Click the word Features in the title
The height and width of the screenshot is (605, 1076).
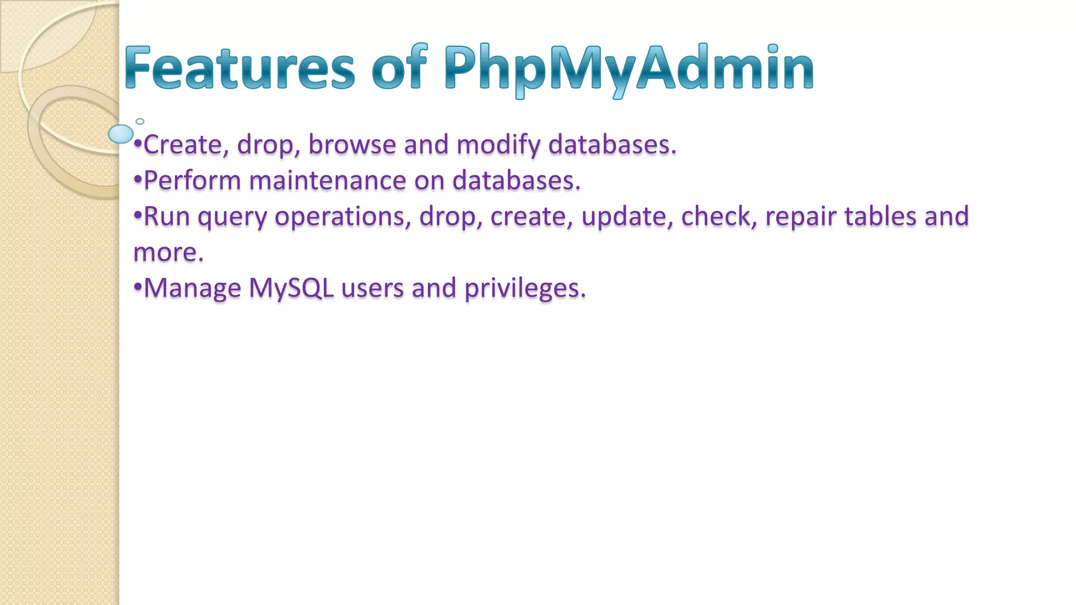240,68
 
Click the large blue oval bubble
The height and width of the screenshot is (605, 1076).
121,134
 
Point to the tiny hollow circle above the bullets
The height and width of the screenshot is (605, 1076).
140,121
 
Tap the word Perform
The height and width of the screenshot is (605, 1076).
192,181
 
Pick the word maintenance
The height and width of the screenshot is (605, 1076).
327,181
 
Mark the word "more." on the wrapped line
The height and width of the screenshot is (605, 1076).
168,253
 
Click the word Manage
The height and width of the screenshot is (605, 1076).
192,289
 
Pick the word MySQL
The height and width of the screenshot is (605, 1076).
291,289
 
